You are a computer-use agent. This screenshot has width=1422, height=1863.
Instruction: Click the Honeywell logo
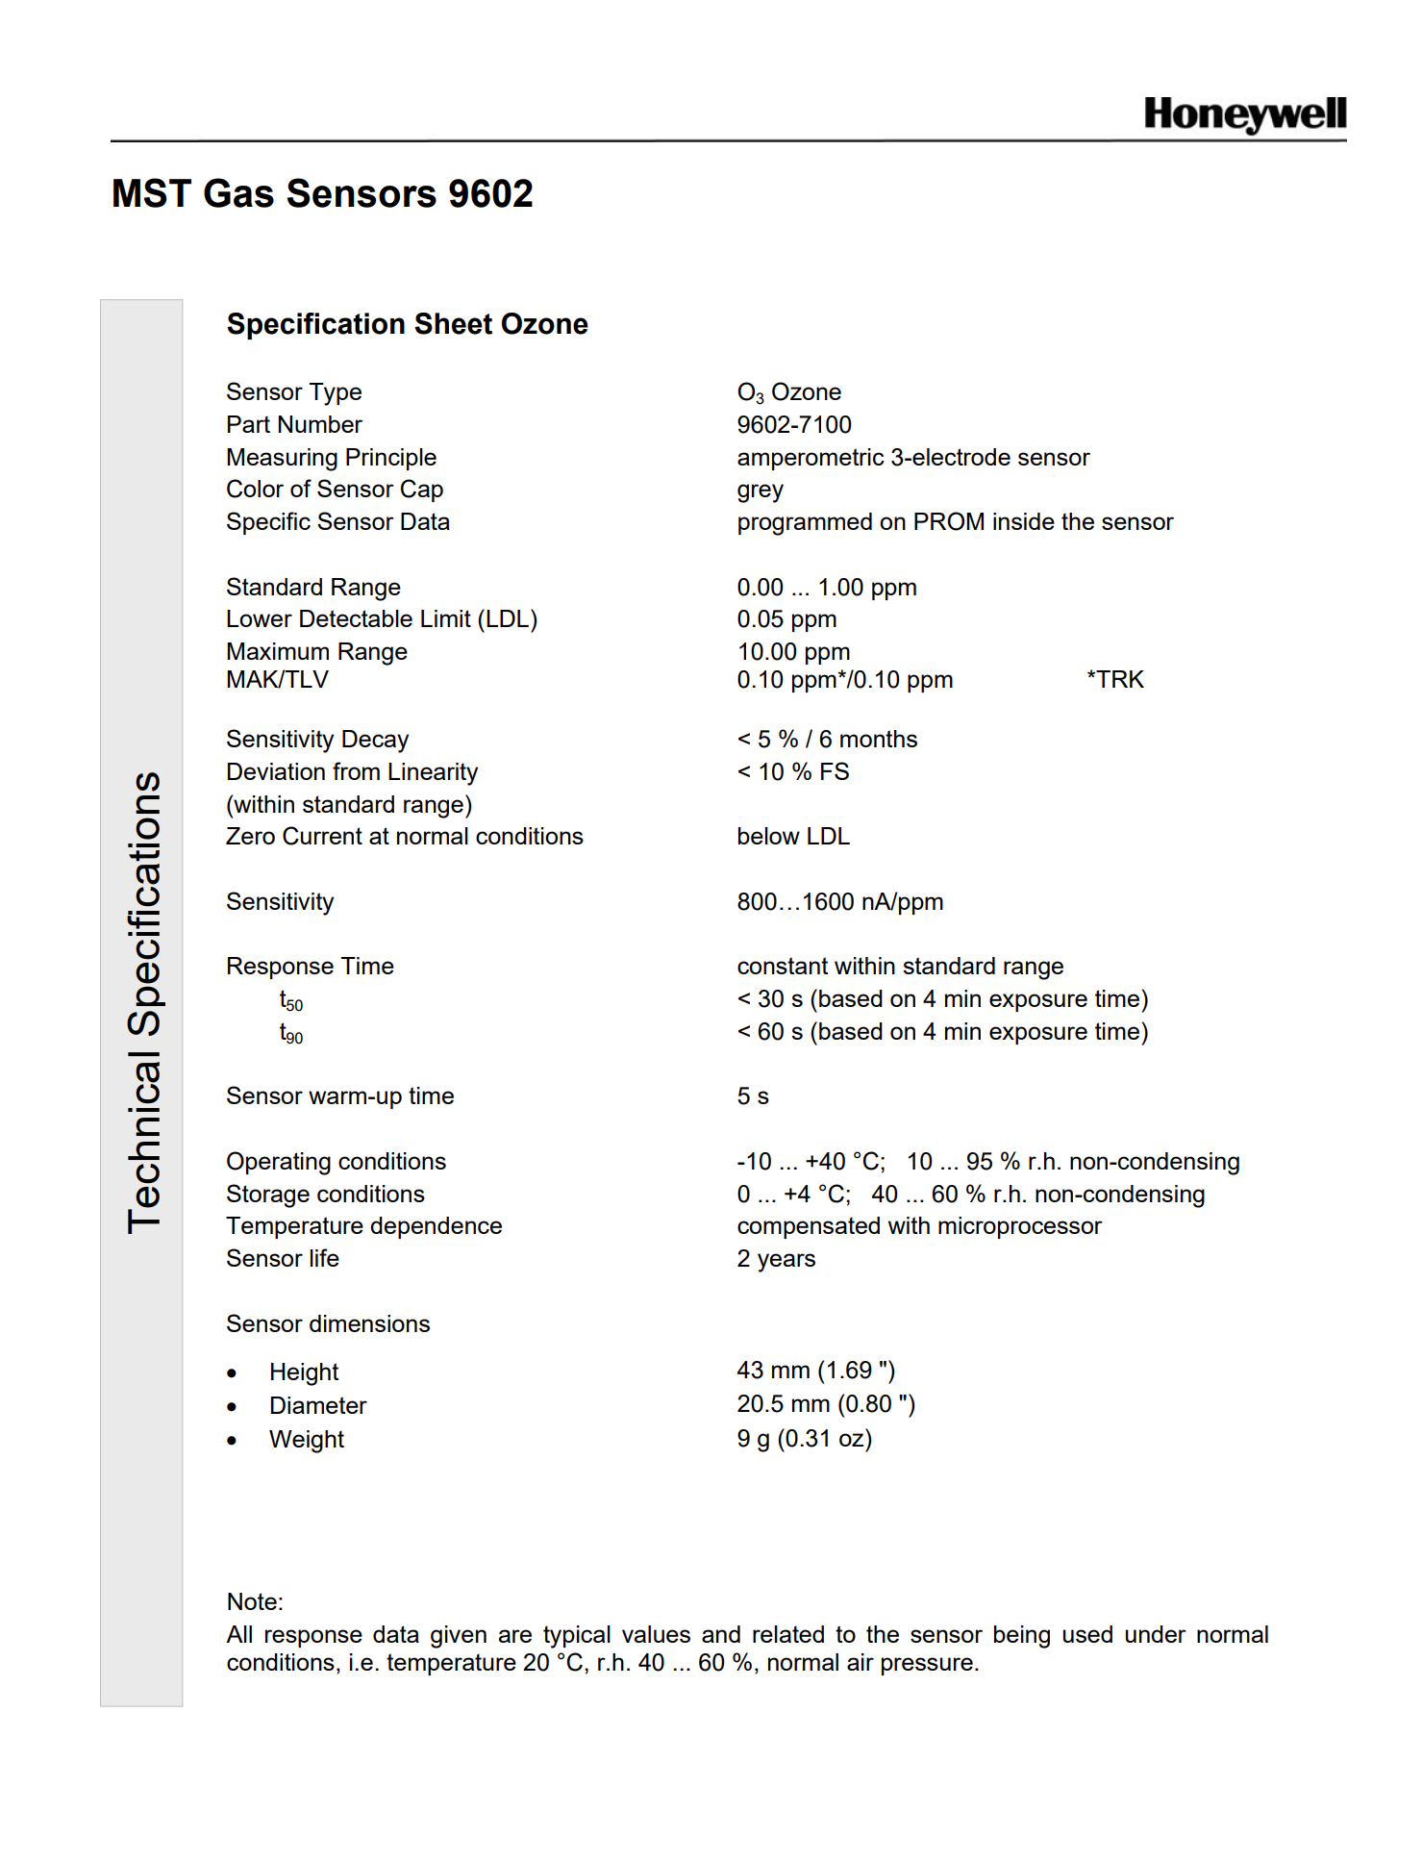point(1244,114)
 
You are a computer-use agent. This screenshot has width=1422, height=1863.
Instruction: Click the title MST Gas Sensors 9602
point(322,194)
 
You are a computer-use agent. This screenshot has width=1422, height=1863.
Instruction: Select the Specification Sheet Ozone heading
point(407,324)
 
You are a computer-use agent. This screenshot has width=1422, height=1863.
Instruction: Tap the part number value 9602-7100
point(794,425)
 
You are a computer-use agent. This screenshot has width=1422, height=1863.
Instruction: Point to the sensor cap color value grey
point(760,491)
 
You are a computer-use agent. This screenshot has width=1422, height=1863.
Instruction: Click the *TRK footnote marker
point(1115,680)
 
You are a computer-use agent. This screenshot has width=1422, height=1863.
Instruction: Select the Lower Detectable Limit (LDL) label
point(382,619)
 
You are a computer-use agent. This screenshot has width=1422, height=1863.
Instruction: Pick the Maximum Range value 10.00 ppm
point(793,652)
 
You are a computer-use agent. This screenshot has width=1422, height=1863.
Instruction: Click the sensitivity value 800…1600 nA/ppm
point(839,902)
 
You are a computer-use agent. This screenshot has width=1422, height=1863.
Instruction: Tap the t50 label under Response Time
point(290,1001)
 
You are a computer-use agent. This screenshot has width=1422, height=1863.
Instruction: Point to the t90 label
point(290,1034)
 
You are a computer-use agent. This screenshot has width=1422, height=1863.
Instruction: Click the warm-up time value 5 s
point(753,1096)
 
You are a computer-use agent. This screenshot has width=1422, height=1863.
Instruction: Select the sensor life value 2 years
point(776,1259)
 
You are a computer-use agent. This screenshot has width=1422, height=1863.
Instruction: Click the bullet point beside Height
point(232,1373)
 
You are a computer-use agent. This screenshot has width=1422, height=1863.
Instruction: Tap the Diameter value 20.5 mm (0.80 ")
point(826,1405)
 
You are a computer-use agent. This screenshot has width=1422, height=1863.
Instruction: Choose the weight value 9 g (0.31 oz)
point(804,1439)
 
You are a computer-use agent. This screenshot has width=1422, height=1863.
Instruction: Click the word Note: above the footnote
point(255,1602)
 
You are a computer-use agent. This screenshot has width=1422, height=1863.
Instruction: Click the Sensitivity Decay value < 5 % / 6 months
point(827,740)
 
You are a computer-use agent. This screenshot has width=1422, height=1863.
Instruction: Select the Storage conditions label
point(325,1195)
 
